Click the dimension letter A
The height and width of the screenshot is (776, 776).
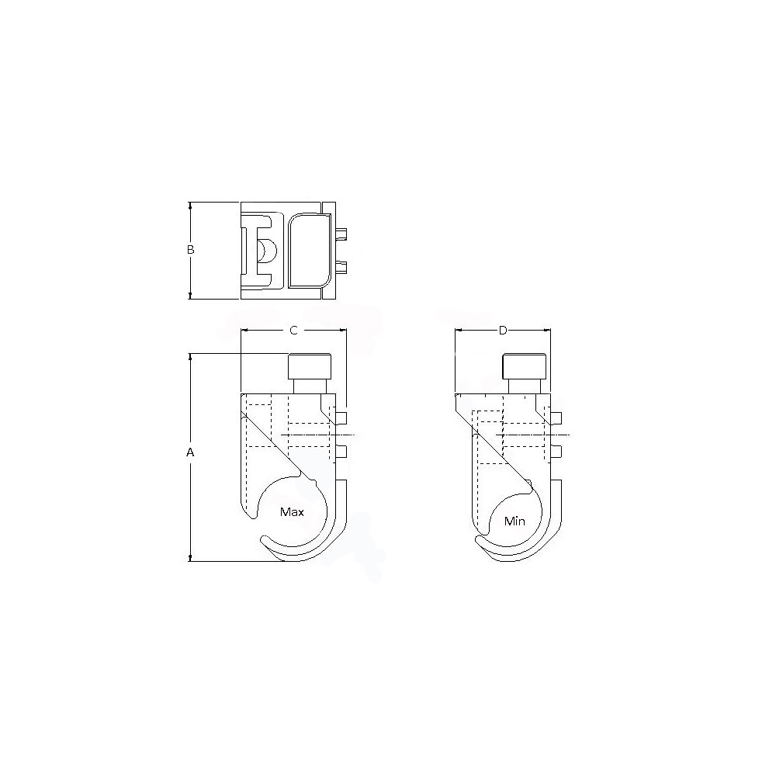tap(189, 452)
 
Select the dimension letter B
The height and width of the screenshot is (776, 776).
tap(189, 250)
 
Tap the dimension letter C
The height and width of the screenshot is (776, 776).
tap(293, 331)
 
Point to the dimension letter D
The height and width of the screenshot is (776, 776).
tap(503, 331)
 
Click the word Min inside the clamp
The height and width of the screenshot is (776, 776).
tap(514, 521)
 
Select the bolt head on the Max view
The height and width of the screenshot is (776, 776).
tap(310, 365)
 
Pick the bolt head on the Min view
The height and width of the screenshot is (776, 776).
tap(524, 365)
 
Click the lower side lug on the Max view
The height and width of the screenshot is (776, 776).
tap(341, 451)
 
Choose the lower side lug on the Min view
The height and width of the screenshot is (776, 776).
tap(555, 451)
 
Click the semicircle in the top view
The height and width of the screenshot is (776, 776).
tap(265, 251)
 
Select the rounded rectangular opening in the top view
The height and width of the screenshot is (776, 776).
tap(310, 251)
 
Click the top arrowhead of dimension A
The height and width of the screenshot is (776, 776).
tap(190, 357)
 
